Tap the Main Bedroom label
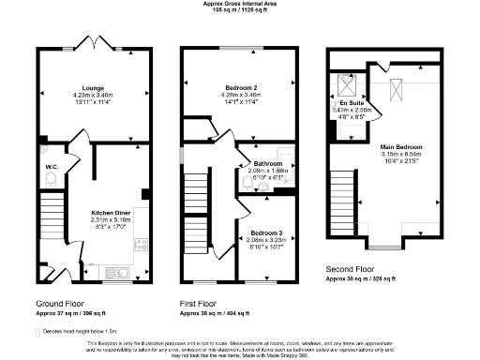[x=401, y=147]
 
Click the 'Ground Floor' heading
[x=62, y=305]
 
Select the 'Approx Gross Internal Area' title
[x=239, y=4]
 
